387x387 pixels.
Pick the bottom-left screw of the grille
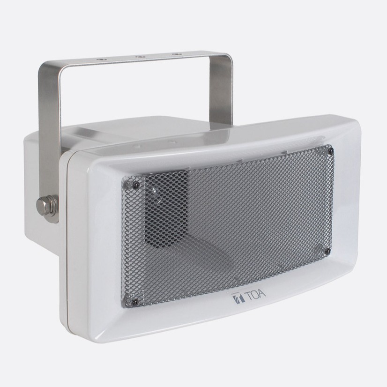pos(134,301)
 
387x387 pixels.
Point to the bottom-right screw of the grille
pos(328,252)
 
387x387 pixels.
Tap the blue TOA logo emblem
pos(238,299)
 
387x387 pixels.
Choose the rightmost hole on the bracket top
pos(177,54)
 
